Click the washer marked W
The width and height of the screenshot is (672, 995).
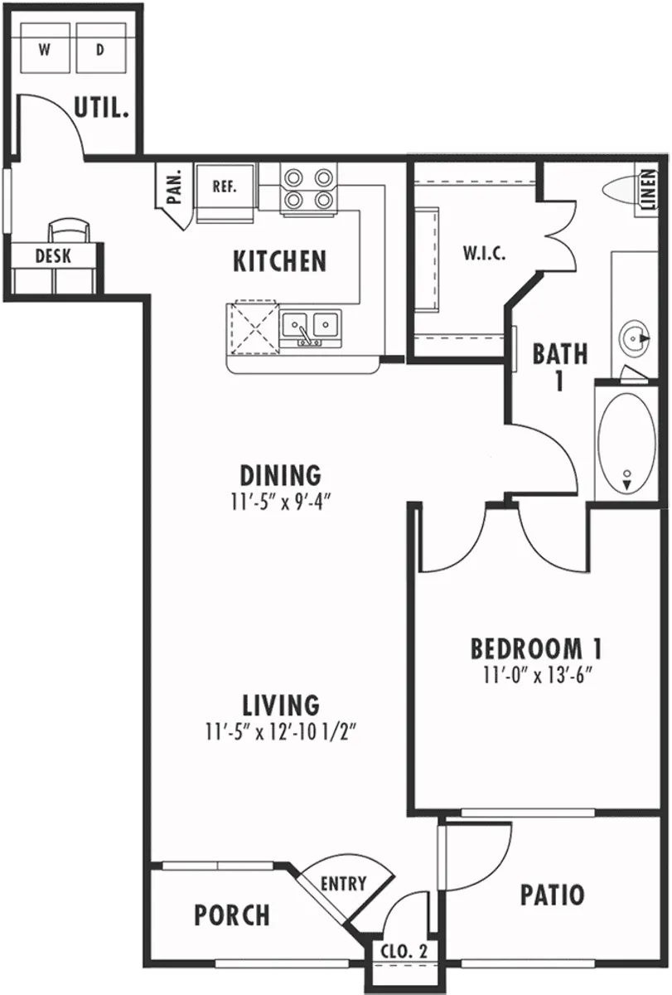click(45, 49)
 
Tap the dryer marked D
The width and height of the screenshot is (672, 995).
click(100, 49)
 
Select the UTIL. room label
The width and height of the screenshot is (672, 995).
click(102, 108)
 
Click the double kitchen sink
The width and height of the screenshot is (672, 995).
click(311, 326)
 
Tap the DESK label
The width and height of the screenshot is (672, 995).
click(53, 256)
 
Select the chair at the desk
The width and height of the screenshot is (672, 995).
click(67, 230)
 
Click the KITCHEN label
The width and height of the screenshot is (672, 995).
click(280, 262)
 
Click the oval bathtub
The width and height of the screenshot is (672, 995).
click(627, 443)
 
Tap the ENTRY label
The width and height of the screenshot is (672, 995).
click(343, 884)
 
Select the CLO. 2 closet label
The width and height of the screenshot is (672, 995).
click(404, 952)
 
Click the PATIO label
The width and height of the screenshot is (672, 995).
click(552, 895)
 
